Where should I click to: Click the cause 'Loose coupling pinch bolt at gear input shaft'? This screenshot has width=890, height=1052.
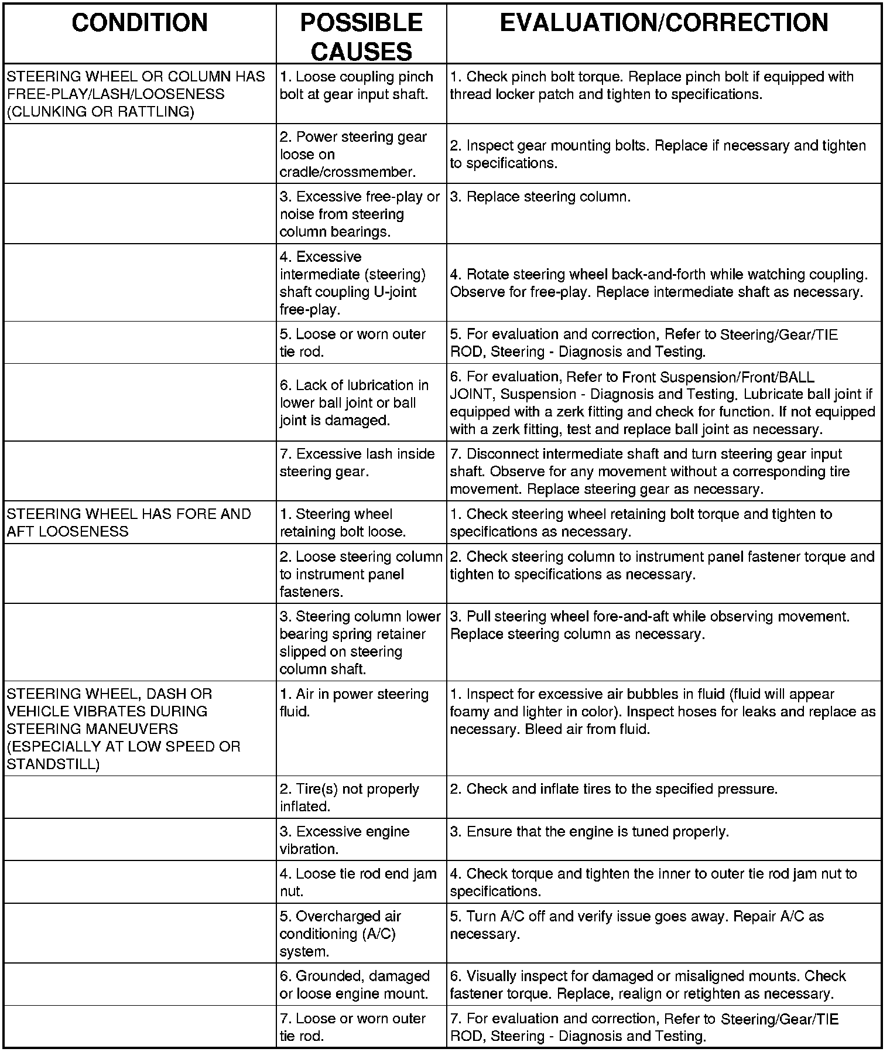click(356, 86)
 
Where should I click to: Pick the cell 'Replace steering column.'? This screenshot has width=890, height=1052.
click(540, 197)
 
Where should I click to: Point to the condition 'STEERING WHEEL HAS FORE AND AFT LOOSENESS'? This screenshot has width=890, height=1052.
click(129, 522)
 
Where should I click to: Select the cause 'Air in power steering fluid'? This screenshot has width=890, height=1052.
click(354, 702)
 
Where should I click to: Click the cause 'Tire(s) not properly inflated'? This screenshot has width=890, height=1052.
click(349, 797)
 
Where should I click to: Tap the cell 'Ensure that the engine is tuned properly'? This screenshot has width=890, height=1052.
click(589, 831)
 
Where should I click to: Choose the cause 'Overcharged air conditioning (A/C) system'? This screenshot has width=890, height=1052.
click(340, 934)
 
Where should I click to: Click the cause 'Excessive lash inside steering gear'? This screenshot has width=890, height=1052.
click(357, 463)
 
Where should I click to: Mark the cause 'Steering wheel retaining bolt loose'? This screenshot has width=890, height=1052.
click(343, 522)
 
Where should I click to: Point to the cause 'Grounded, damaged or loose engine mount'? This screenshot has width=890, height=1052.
click(354, 985)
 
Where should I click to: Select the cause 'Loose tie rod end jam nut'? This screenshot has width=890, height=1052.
click(358, 882)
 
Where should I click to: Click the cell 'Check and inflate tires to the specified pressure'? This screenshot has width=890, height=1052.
click(613, 789)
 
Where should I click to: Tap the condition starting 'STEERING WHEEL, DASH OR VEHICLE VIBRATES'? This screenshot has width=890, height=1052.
click(123, 729)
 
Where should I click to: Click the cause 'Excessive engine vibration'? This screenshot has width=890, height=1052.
click(344, 840)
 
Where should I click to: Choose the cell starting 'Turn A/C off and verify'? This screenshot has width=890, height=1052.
click(636, 925)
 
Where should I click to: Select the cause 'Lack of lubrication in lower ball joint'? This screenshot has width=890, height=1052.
click(354, 402)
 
